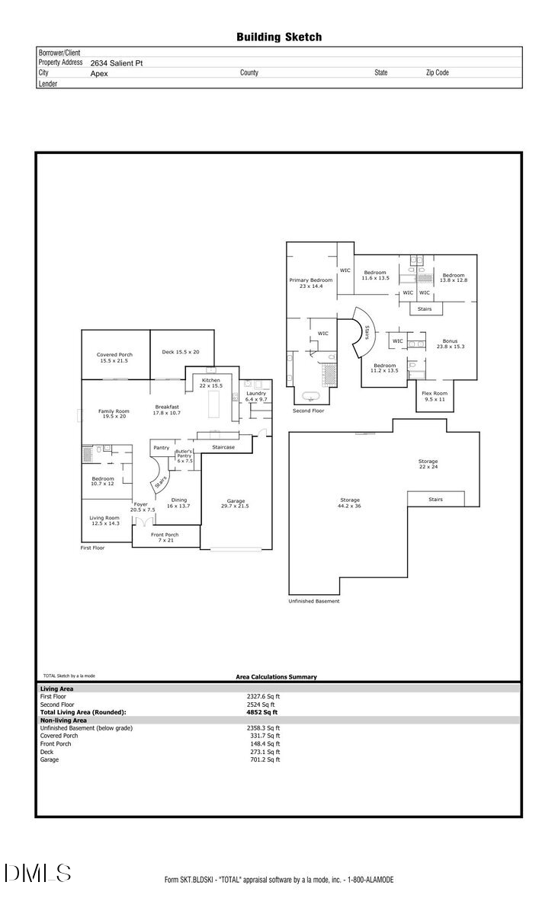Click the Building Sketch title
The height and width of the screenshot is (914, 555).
(x=278, y=37)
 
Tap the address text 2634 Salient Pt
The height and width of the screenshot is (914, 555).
(x=116, y=64)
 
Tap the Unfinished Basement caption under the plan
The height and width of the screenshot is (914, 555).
(x=313, y=601)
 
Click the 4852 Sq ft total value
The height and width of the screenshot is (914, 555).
(x=265, y=712)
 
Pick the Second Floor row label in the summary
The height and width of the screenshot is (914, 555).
(x=56, y=705)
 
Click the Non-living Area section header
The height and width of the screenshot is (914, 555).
(x=63, y=720)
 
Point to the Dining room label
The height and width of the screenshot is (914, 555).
(x=178, y=503)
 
